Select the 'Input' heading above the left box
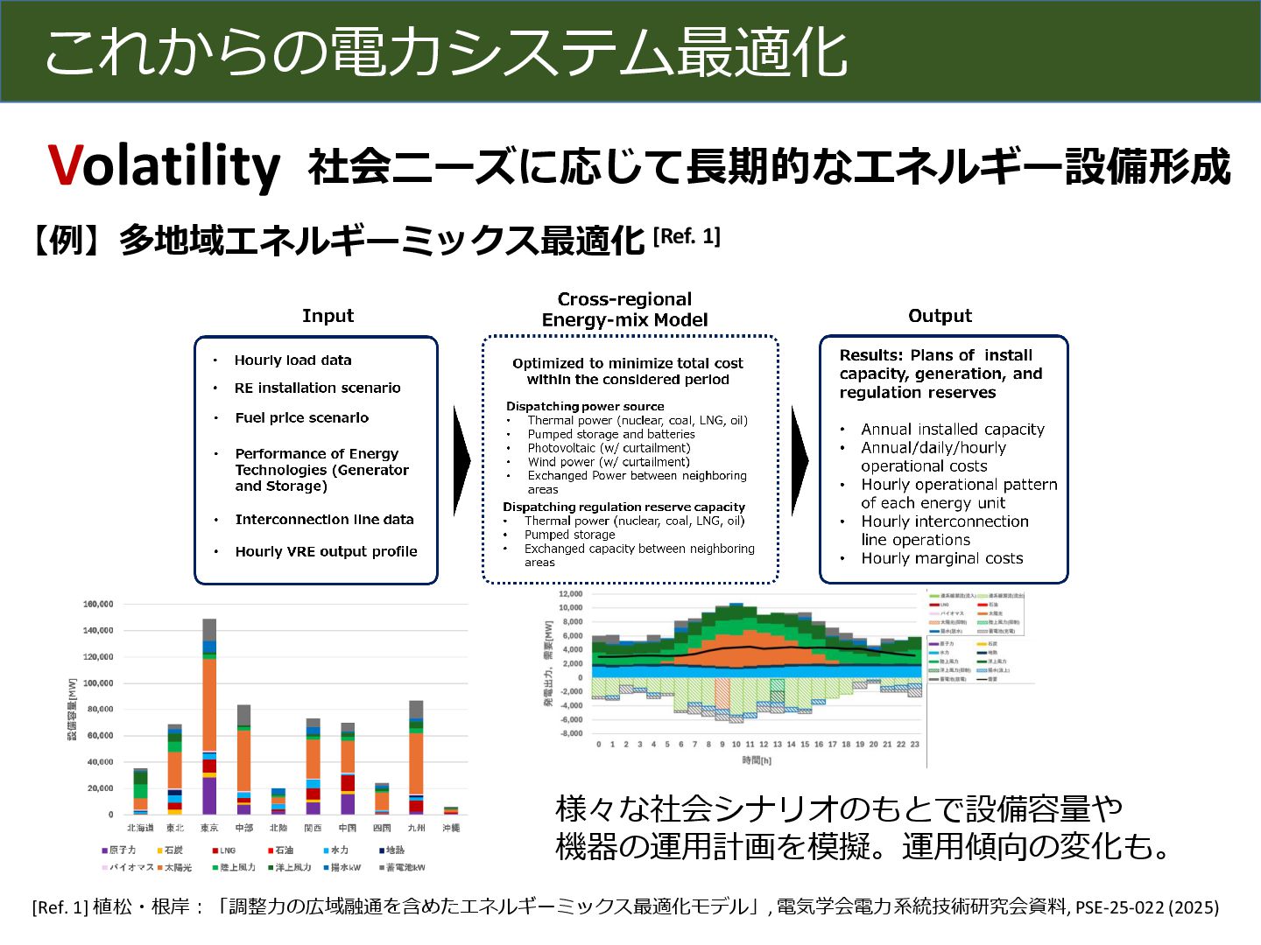(328, 316)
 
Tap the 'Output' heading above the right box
(940, 316)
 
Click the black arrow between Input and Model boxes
(461, 460)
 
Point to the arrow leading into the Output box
(799, 460)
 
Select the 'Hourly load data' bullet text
(292, 360)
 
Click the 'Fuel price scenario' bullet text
(301, 418)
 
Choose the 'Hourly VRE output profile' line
(326, 552)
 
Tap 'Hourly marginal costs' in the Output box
(941, 558)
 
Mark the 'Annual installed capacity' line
(952, 430)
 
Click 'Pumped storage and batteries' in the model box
(610, 434)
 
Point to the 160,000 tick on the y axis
(98, 605)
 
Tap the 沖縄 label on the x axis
(451, 828)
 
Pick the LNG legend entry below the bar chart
(226, 850)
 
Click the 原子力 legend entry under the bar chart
(122, 850)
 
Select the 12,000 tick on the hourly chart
(570, 594)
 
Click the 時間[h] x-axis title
(757, 761)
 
